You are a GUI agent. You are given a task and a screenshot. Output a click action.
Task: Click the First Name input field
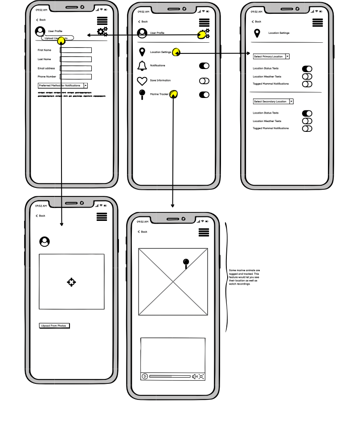(x=76, y=50)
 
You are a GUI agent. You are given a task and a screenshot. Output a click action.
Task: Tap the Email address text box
(x=76, y=68)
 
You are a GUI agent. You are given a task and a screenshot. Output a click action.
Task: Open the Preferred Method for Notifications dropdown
(x=62, y=86)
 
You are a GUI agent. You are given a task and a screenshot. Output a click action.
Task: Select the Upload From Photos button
(x=54, y=326)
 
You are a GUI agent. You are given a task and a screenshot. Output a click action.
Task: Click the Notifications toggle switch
(x=204, y=66)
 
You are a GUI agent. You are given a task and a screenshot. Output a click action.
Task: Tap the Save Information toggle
(x=204, y=81)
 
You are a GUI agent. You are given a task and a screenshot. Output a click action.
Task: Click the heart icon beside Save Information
(x=142, y=81)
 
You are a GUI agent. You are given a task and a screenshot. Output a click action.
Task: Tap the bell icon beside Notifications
(x=142, y=66)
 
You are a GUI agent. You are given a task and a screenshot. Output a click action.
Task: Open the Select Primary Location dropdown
(x=271, y=57)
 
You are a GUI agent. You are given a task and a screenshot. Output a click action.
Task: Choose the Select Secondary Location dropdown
(x=273, y=102)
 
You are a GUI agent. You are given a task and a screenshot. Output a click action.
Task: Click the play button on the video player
(x=145, y=376)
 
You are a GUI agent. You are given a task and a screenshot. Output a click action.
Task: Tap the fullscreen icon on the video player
(x=201, y=376)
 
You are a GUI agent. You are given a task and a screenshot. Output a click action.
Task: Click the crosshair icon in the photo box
(x=71, y=282)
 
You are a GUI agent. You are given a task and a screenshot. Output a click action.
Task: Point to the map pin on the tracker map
(x=186, y=263)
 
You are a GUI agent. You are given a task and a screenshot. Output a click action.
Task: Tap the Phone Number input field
(x=76, y=77)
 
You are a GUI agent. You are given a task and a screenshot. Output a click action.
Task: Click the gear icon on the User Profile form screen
(x=102, y=31)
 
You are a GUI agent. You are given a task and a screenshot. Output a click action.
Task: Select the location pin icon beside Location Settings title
(x=257, y=33)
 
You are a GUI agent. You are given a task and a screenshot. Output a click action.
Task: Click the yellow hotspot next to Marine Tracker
(x=174, y=94)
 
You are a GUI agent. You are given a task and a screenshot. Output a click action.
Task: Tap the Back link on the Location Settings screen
(x=256, y=21)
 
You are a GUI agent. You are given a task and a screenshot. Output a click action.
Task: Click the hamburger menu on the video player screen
(x=204, y=232)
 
